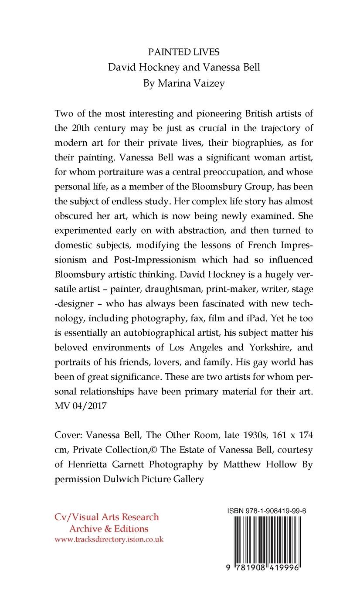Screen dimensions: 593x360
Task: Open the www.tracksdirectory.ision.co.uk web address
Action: click(x=109, y=539)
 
